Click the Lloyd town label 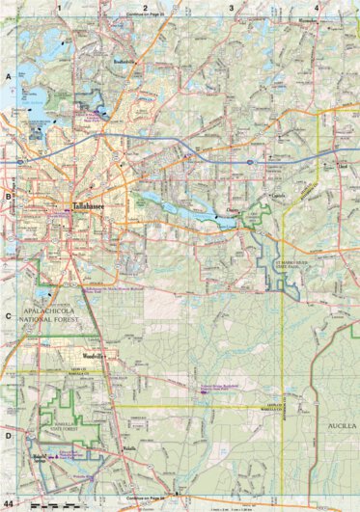pyautogui.click(x=342, y=166)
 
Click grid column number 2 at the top pyautogui.click(x=145, y=8)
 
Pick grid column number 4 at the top pyautogui.click(x=317, y=8)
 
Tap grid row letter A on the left pyautogui.click(x=9, y=74)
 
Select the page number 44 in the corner pyautogui.click(x=9, y=503)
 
